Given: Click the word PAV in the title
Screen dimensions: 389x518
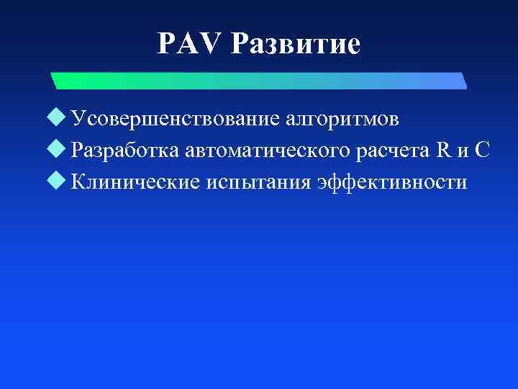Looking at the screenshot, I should [x=190, y=45].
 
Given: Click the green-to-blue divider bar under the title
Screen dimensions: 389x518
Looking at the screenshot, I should [x=259, y=80].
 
